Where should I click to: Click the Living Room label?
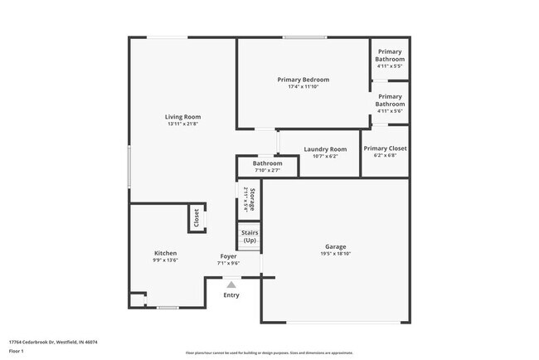point(182,117)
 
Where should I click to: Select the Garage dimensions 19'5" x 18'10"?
point(335,254)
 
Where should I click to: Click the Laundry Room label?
point(325,149)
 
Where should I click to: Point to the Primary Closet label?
point(385,148)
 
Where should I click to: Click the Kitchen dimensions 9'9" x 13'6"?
point(166,260)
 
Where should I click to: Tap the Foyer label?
point(229,255)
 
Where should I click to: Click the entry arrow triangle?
point(231,284)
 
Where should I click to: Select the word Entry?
point(231,295)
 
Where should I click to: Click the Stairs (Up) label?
point(250,236)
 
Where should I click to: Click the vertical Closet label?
point(197,218)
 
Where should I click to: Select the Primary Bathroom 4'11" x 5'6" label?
point(390,104)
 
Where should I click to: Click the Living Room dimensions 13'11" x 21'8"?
point(182,124)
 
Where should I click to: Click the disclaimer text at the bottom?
point(269,353)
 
